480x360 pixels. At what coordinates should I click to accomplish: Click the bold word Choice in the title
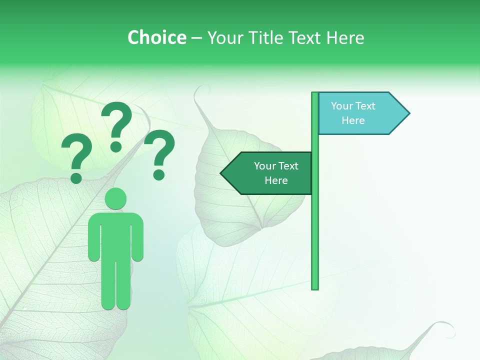156,37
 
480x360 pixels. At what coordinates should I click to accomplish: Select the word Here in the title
345,37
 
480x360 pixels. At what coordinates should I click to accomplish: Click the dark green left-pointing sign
270,173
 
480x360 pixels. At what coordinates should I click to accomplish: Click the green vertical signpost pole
315,225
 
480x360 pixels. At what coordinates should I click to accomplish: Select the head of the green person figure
115,198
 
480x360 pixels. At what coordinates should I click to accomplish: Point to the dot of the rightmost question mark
159,174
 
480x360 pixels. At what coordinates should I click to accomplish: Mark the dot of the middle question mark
116,146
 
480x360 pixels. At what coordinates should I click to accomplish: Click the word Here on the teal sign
353,120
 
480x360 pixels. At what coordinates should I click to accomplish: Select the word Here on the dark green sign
276,180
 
